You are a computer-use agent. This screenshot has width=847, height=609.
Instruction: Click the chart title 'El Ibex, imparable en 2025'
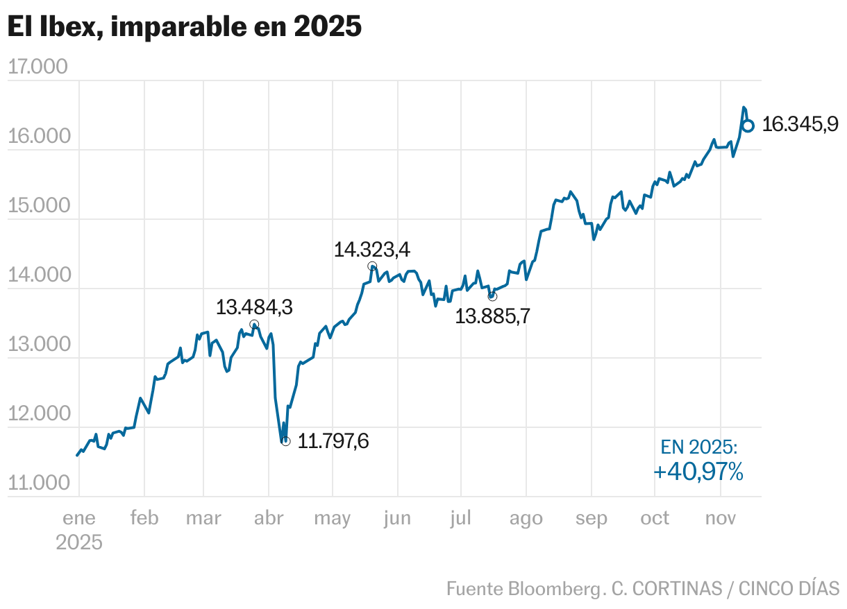click(x=184, y=27)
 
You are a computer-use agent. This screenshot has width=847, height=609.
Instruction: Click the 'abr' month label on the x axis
click(x=269, y=518)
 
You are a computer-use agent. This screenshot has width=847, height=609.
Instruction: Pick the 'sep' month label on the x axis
click(x=591, y=518)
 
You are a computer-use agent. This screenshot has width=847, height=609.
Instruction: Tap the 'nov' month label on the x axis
click(x=720, y=518)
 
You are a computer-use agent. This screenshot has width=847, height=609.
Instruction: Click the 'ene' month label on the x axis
click(x=79, y=518)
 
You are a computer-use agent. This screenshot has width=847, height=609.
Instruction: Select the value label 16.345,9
click(x=800, y=125)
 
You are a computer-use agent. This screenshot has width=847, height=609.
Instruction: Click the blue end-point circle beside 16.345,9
click(x=748, y=126)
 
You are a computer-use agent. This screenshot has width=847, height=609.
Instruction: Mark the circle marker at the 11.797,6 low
click(x=285, y=441)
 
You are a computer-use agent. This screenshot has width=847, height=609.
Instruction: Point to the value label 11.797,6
click(x=333, y=441)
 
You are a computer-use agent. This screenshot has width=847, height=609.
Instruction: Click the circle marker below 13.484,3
click(x=254, y=325)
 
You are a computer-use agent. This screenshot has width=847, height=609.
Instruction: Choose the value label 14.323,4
click(x=371, y=249)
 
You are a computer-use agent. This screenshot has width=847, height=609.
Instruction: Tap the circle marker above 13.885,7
click(x=492, y=296)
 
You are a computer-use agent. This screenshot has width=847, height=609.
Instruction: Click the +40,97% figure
click(x=698, y=472)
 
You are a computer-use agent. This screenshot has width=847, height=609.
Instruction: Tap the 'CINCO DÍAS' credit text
click(x=789, y=588)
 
